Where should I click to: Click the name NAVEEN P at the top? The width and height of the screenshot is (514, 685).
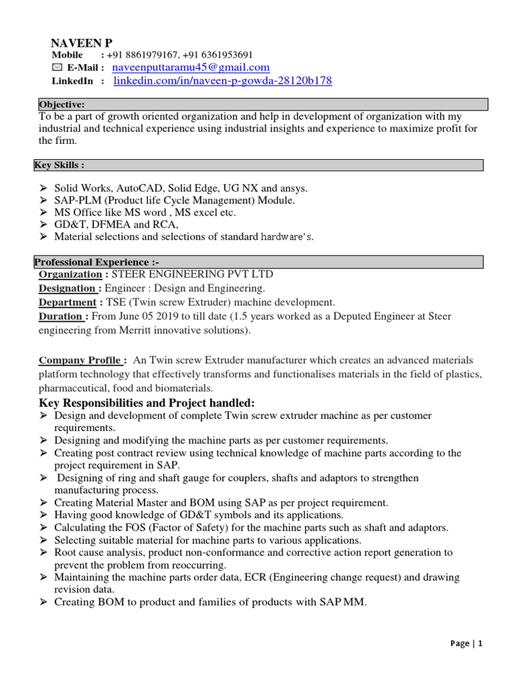pyautogui.click(x=82, y=42)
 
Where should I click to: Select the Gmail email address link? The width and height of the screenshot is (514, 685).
pyautogui.click(x=191, y=68)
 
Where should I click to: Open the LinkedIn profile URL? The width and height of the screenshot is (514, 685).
pyautogui.click(x=222, y=81)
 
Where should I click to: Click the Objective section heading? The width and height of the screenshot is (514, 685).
pyautogui.click(x=62, y=104)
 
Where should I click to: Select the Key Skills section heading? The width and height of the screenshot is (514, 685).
pyautogui.click(x=59, y=165)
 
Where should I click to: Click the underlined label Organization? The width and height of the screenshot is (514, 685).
pyautogui.click(x=70, y=274)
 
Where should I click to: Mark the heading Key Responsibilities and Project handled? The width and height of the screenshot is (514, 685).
pyautogui.click(x=147, y=403)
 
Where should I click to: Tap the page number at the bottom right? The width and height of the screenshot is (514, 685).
pyautogui.click(x=466, y=644)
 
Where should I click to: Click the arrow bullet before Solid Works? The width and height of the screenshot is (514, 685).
pyautogui.click(x=44, y=189)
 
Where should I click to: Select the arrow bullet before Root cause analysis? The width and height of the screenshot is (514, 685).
pyautogui.click(x=44, y=553)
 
